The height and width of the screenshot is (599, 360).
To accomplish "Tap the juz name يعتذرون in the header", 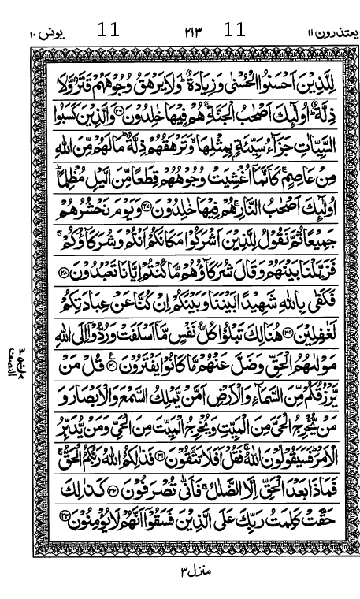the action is [x=320, y=32].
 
